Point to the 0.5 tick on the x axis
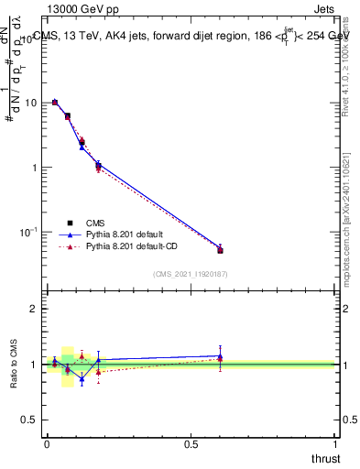coord(191,445)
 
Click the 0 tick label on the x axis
coord(47,445)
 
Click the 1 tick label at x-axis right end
coord(336,445)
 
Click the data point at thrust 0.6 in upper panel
coord(220,249)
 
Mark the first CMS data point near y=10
coord(55,103)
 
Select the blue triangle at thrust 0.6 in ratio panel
coord(220,356)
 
